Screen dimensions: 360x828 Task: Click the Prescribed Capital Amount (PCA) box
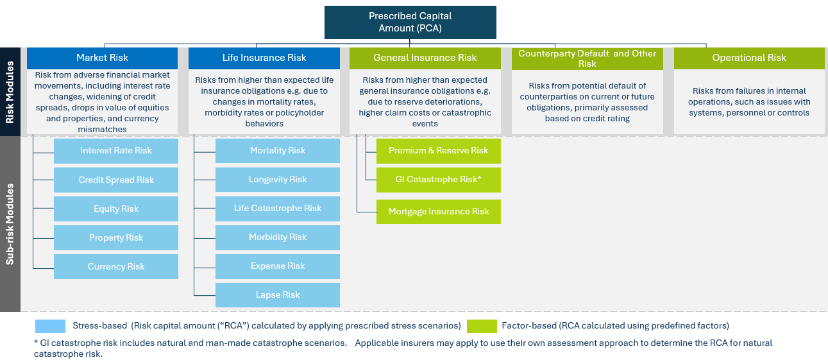point(410,22)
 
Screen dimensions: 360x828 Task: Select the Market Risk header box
point(102,58)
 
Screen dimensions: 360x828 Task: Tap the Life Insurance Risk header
point(264,58)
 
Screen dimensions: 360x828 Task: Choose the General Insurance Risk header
point(425,58)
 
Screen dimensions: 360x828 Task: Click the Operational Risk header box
point(748,58)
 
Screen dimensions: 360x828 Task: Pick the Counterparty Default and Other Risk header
point(587,58)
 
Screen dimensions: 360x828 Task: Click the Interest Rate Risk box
point(116,151)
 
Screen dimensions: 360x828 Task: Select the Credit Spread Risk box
point(116,180)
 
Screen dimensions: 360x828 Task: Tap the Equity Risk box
point(116,209)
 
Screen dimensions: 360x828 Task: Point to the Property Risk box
point(116,238)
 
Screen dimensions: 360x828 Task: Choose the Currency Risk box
point(116,267)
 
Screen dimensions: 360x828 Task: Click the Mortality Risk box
point(278,151)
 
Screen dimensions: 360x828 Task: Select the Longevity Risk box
point(278,180)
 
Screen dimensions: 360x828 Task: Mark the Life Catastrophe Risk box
point(278,209)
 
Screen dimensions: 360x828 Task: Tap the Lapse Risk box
point(278,295)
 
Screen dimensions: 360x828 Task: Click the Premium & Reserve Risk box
point(438,151)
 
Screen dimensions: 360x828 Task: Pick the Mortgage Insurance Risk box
point(438,212)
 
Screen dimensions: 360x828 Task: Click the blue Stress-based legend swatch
point(51,326)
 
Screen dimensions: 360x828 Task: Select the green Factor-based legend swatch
point(482,326)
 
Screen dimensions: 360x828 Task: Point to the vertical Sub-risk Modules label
point(10,224)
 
